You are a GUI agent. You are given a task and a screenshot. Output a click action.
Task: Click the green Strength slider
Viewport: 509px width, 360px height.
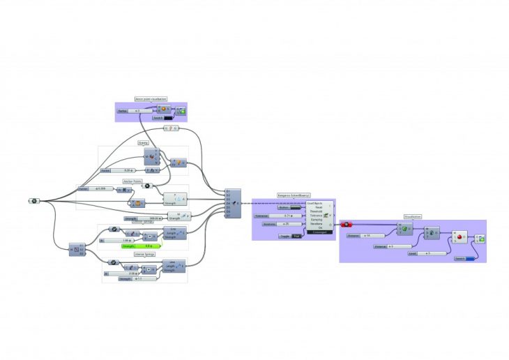pos(139,246)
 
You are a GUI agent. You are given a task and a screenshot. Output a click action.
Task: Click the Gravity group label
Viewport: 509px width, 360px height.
pos(143,143)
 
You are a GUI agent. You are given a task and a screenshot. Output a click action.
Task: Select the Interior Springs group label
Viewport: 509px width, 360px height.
pos(143,255)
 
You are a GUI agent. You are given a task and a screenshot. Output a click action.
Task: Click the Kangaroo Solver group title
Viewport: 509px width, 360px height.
pos(294,195)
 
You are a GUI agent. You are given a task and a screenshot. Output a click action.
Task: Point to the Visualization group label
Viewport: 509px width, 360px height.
pos(413,216)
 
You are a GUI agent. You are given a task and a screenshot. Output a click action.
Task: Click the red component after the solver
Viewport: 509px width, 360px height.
pos(347,224)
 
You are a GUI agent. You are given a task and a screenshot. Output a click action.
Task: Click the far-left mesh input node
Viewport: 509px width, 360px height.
pos(33,201)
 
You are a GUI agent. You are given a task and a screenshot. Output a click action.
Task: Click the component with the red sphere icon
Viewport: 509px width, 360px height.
pos(462,237)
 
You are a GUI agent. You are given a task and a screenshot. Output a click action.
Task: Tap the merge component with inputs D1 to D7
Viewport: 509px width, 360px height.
pos(233,203)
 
